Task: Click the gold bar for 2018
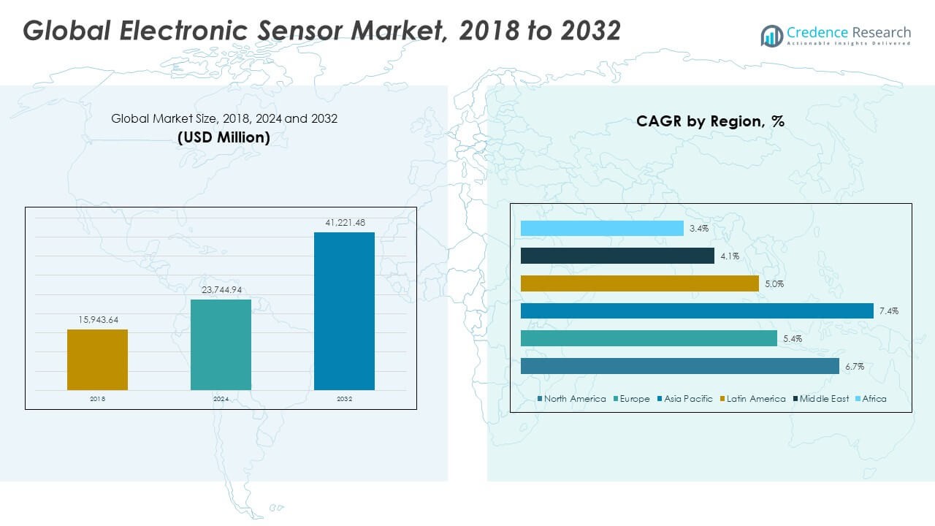pos(97,359)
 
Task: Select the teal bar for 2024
pos(221,344)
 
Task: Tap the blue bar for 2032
pos(344,310)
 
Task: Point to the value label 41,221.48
pos(344,222)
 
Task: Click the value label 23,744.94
pos(221,289)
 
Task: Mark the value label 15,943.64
pos(97,319)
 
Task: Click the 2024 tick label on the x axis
pos(221,399)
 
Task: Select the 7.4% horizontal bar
pos(697,311)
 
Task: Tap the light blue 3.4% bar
pos(602,229)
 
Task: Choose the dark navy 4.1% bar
pos(617,256)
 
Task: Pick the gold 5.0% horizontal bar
pos(640,283)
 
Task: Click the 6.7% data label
pos(855,367)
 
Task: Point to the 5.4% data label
pos(793,339)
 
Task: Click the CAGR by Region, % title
pos(710,121)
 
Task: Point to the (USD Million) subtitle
pos(224,137)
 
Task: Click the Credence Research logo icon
pos(771,35)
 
